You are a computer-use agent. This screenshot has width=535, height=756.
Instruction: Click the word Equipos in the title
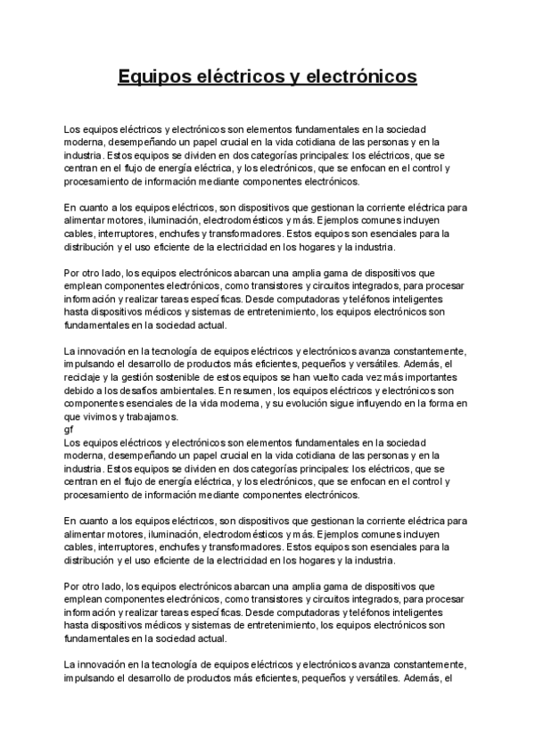coord(151,78)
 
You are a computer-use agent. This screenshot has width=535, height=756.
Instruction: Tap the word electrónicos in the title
coord(362,78)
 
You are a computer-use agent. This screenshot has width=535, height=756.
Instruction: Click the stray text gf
coord(70,429)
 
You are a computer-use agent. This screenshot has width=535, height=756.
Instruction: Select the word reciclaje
coord(86,378)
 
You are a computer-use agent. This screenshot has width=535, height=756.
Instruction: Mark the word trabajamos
coord(153,416)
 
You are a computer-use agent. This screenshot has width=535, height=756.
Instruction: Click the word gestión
coord(142,378)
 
